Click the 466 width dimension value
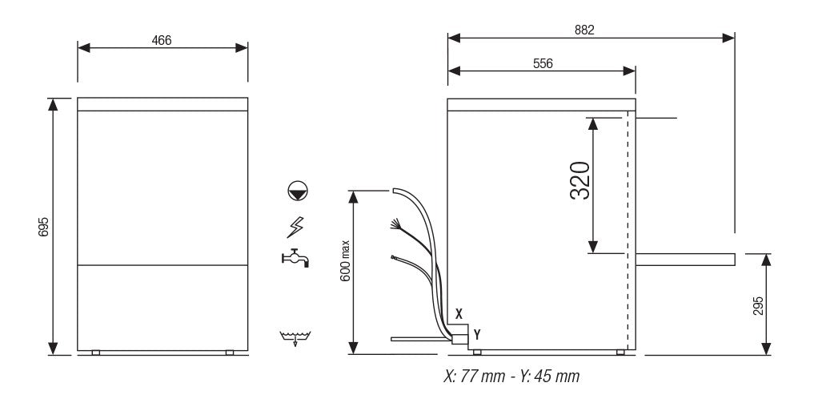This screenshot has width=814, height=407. pyautogui.click(x=162, y=40)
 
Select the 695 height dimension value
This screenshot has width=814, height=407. pyautogui.click(x=45, y=227)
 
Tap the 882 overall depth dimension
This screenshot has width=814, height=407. pyautogui.click(x=584, y=30)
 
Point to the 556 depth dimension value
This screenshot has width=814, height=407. pyautogui.click(x=543, y=62)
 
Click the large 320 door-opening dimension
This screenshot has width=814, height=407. pyautogui.click(x=580, y=181)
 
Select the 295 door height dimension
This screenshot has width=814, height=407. pyautogui.click(x=758, y=304)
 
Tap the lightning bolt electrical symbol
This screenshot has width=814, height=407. pyautogui.click(x=295, y=228)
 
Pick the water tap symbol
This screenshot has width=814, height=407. pyautogui.click(x=295, y=258)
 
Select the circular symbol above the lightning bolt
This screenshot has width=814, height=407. pyautogui.click(x=297, y=191)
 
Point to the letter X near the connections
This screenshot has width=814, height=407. pyautogui.click(x=459, y=314)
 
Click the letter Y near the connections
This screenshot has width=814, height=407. pyautogui.click(x=477, y=332)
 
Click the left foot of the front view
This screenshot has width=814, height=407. pyautogui.click(x=95, y=353)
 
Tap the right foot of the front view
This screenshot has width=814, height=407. pyautogui.click(x=230, y=353)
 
